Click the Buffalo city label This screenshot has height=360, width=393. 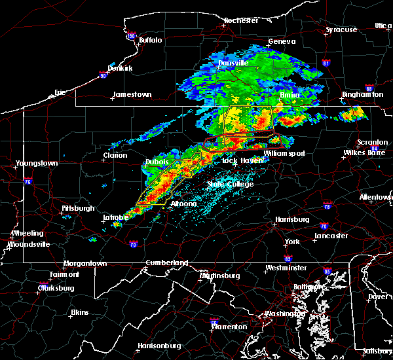pos(150,41)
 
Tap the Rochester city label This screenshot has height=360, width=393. pos(241,20)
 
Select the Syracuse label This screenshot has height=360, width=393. pos(342,30)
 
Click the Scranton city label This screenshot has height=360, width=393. pos(372,143)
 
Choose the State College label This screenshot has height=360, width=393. pos(230,185)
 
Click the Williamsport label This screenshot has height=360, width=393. pos(284,154)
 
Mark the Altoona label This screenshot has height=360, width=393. pos(184,204)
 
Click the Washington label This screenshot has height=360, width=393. pos(284,314)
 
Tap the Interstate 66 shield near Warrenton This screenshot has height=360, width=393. pos(214,321)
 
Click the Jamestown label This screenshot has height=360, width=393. pos(132,94)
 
